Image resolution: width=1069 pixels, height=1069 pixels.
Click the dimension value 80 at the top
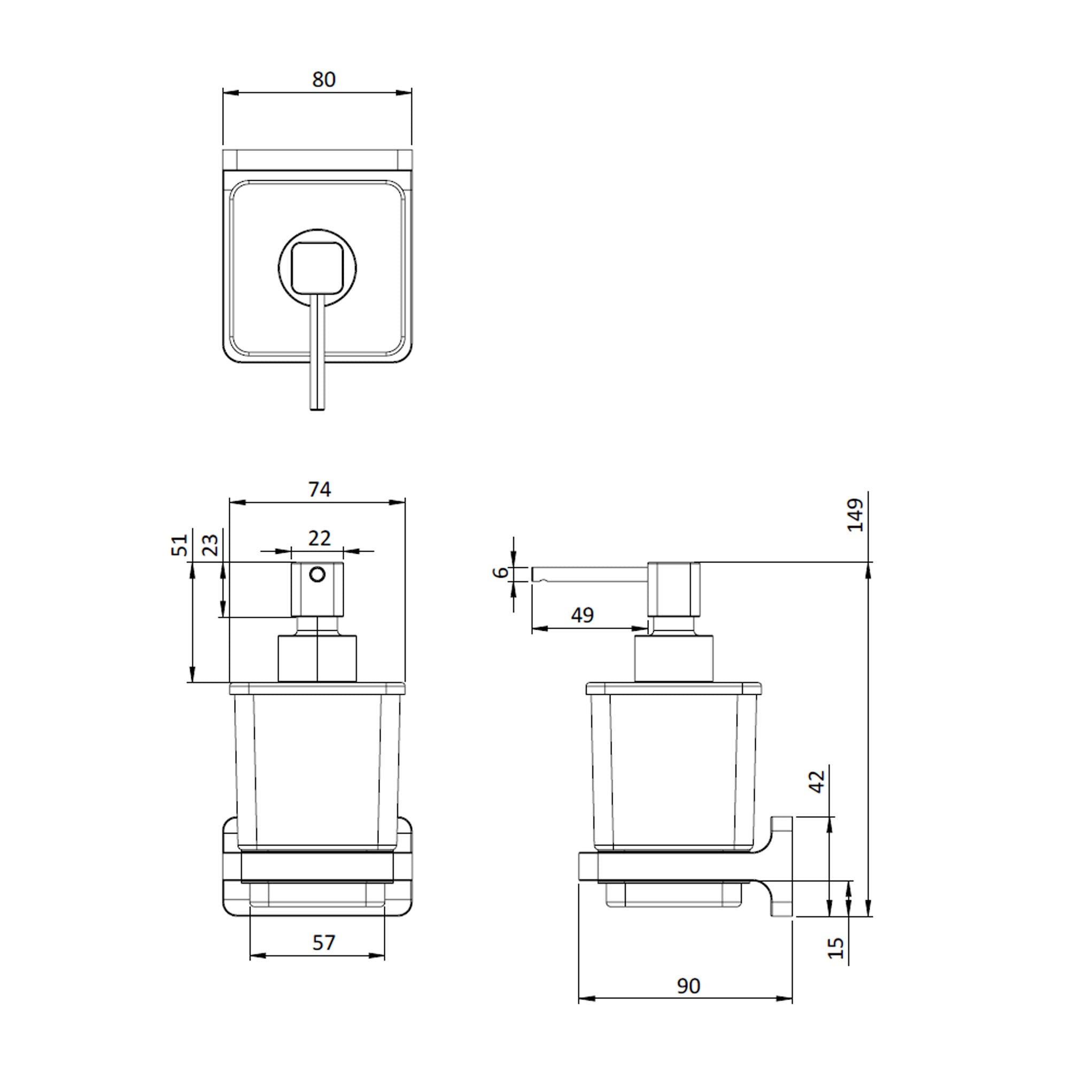click(324, 80)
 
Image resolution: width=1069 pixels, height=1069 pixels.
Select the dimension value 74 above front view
click(319, 489)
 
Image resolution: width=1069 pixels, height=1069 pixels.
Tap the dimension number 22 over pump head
click(319, 538)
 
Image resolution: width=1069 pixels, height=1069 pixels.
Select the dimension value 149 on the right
click(855, 515)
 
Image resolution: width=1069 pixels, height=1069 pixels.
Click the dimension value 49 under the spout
click(582, 615)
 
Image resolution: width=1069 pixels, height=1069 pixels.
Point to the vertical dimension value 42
click(817, 781)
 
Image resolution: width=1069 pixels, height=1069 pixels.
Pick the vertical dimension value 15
click(837, 948)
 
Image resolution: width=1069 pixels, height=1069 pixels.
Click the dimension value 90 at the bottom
click(688, 986)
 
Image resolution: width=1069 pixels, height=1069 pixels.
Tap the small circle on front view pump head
click(317, 575)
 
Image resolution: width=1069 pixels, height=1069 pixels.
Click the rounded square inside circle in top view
click(317, 268)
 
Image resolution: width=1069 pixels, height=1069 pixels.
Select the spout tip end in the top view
click(317, 407)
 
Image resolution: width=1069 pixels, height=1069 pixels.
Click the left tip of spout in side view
click(534, 575)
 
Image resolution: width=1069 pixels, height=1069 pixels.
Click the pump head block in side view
click(674, 589)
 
